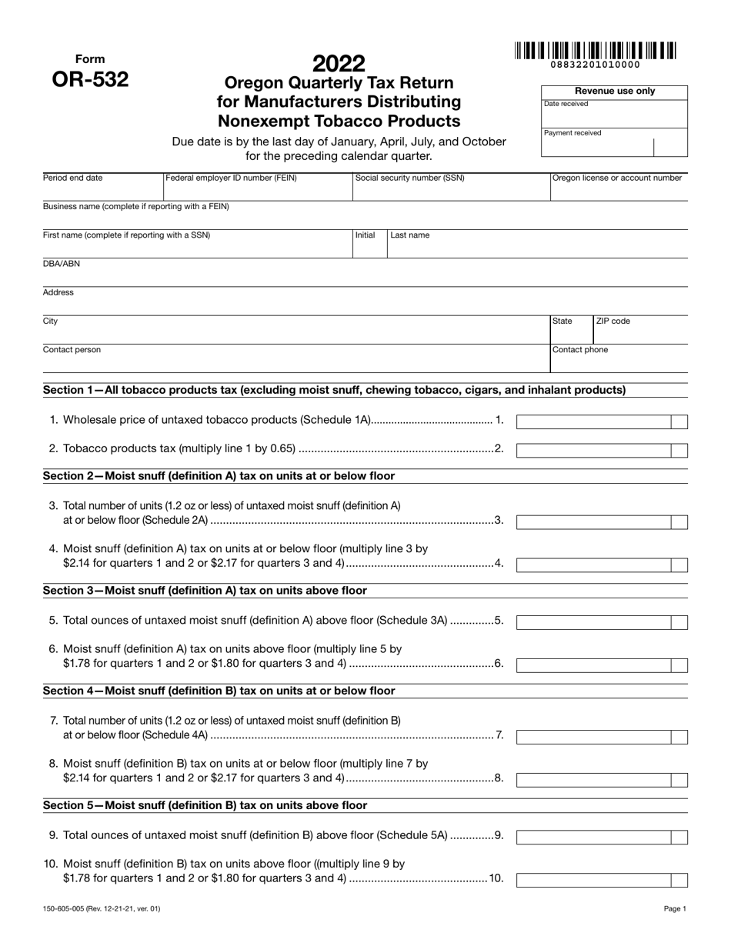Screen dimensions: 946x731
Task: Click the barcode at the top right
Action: click(596, 52)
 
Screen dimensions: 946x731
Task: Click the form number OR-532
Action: click(90, 79)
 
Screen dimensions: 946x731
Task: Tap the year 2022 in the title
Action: click(339, 63)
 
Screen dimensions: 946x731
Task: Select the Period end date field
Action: click(102, 188)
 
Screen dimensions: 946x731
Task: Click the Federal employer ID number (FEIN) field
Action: click(257, 188)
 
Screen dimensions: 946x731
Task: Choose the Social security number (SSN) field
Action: click(450, 188)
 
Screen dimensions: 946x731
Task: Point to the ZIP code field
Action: click(639, 331)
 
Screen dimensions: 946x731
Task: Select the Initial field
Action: click(369, 245)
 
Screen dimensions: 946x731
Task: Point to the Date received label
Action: click(566, 104)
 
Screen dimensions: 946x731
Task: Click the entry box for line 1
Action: click(593, 421)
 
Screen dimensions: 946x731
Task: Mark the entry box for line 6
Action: click(593, 665)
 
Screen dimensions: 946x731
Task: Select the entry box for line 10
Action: click(593, 881)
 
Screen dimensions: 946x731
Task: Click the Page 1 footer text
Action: click(675, 909)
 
